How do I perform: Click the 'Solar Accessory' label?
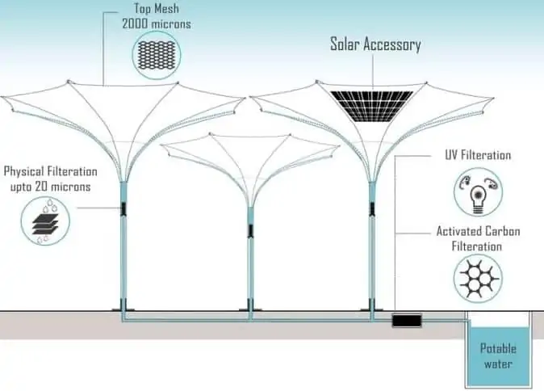pyautogui.click(x=375, y=44)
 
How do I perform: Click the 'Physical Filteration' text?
pyautogui.click(x=51, y=172)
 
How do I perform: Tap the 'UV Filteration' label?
pyautogui.click(x=478, y=155)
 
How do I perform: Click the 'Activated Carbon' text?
pyautogui.click(x=479, y=232)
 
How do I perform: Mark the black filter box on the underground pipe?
pyautogui.click(x=402, y=321)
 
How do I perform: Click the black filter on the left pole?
pyautogui.click(x=123, y=209)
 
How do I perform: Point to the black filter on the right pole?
pyautogui.click(x=372, y=208)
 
